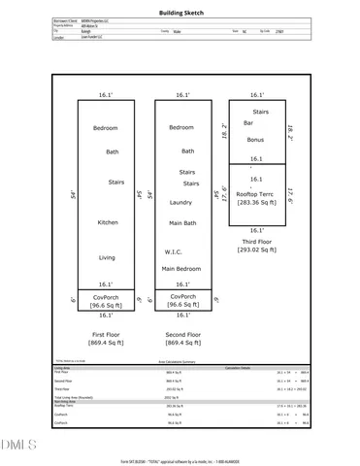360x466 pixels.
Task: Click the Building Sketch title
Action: tap(180, 13)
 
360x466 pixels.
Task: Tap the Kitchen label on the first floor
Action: tap(107, 222)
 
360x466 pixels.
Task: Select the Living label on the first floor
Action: tap(107, 257)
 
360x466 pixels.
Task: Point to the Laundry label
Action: tap(180, 202)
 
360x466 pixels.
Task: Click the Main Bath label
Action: tap(182, 222)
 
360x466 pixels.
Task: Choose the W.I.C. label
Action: tap(175, 251)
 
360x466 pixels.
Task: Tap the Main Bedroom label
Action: tap(182, 268)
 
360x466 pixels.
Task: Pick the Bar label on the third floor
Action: tap(248, 124)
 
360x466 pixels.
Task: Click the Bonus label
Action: tap(254, 140)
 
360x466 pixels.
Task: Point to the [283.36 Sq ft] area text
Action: tap(257, 205)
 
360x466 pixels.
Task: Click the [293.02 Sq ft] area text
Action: tap(257, 250)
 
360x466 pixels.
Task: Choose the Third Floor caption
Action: tap(257, 241)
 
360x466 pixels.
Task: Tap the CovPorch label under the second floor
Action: tap(182, 296)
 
